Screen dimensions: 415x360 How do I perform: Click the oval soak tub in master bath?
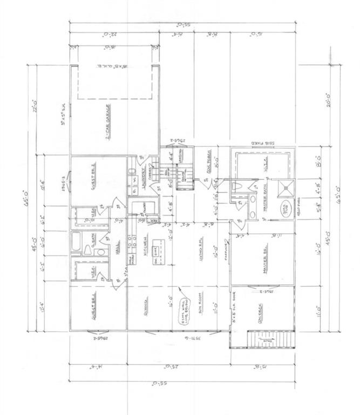282,211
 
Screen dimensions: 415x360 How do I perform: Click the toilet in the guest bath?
88,250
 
